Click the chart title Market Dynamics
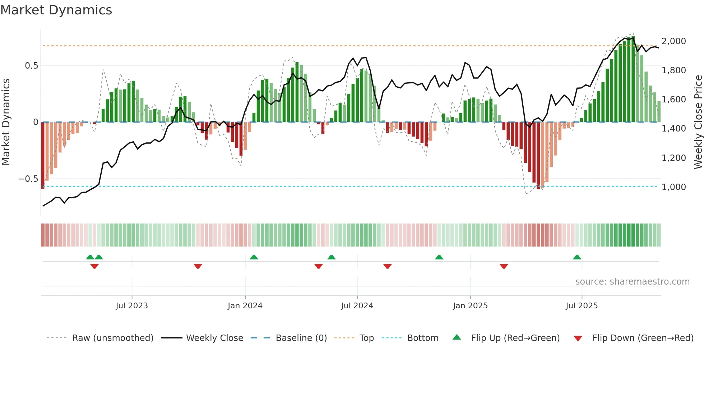click(56, 10)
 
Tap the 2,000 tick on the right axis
click(673, 41)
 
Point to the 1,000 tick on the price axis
click(673, 187)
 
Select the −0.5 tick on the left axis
click(28, 179)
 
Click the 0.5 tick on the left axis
click(31, 65)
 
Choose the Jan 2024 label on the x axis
click(245, 305)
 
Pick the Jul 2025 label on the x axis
click(582, 305)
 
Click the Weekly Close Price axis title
click(698, 122)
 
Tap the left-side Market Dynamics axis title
click(6, 122)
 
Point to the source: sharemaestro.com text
click(632, 281)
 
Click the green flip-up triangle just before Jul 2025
click(577, 257)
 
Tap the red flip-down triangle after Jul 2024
click(387, 266)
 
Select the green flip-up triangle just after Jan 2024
click(254, 257)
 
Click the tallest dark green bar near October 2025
click(633, 79)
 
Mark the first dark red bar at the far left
click(43, 155)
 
